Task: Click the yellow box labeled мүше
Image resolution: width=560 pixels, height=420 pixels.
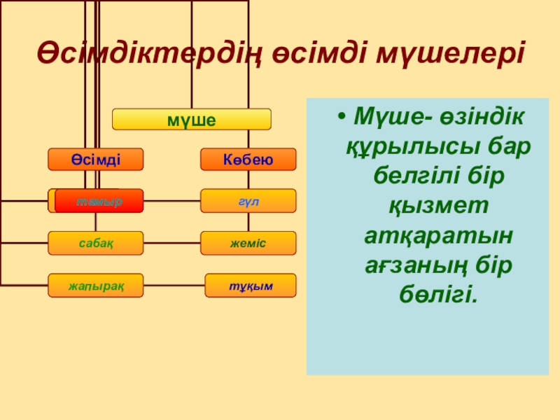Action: [x=192, y=120]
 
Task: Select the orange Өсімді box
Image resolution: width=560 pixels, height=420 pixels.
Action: [x=96, y=160]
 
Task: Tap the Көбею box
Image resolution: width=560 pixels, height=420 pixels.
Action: [x=248, y=160]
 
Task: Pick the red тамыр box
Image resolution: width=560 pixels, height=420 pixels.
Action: [x=99, y=201]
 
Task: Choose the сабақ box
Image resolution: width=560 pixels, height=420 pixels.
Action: [x=96, y=242]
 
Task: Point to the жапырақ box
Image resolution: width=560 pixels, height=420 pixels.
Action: [x=96, y=285]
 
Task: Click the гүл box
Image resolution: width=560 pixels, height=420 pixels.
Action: [x=248, y=201]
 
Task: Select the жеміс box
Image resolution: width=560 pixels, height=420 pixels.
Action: [x=248, y=242]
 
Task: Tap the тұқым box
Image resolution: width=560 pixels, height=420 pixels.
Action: [x=251, y=286]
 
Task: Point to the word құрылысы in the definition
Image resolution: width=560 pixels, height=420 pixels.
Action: [x=398, y=148]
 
